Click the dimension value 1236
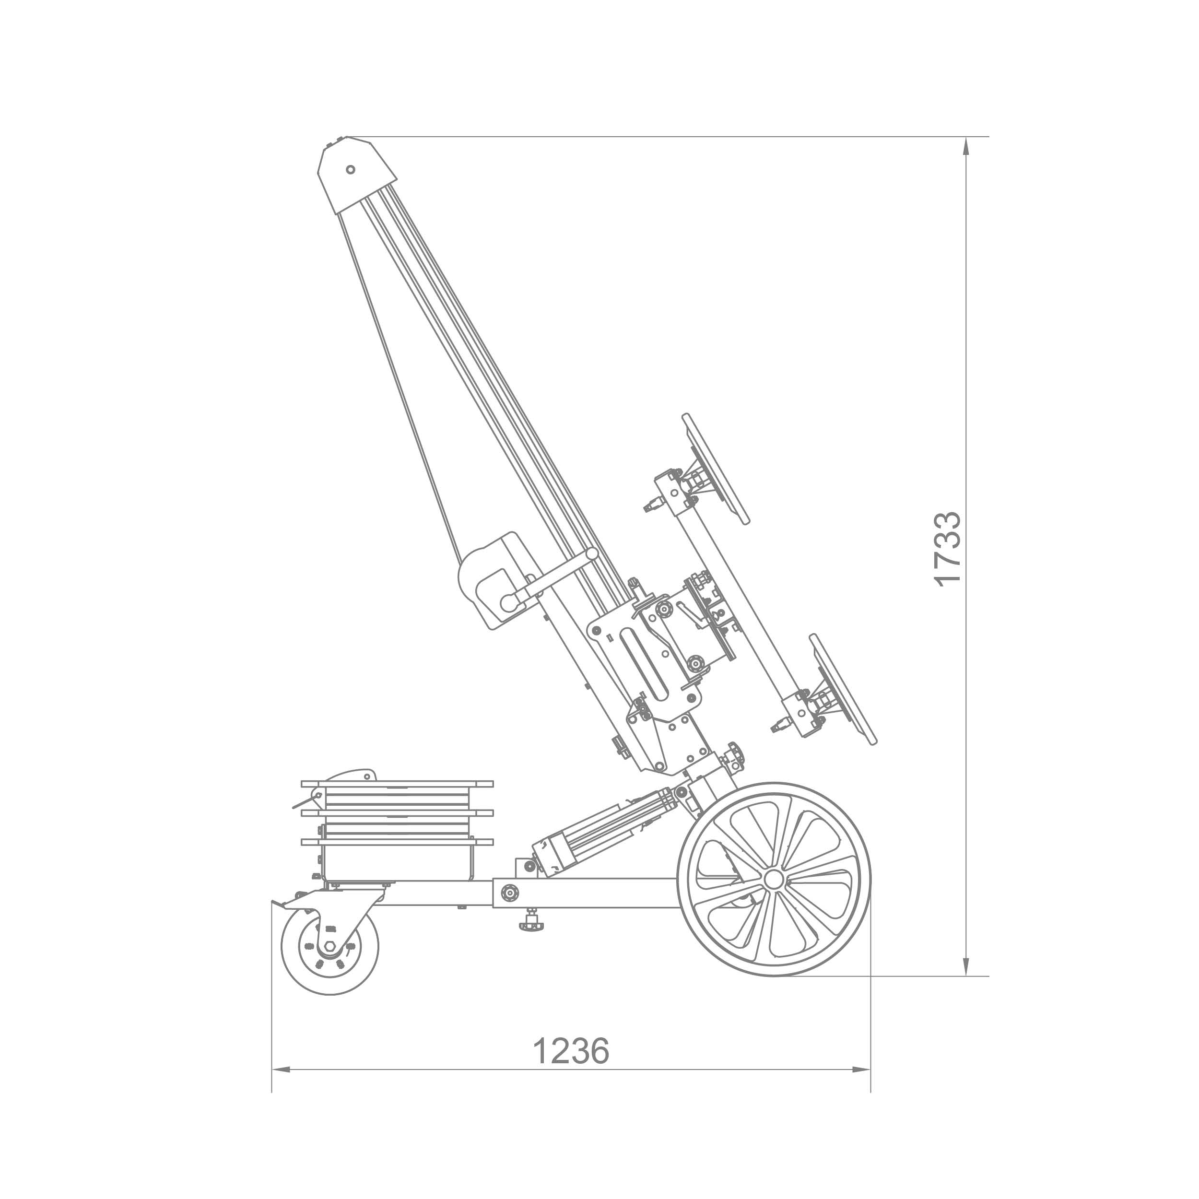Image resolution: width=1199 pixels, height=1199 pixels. [571, 1051]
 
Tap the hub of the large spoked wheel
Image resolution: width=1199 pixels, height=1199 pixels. [774, 879]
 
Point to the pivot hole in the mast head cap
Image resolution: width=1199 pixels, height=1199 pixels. [351, 169]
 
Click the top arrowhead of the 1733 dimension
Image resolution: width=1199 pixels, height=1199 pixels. [965, 146]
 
